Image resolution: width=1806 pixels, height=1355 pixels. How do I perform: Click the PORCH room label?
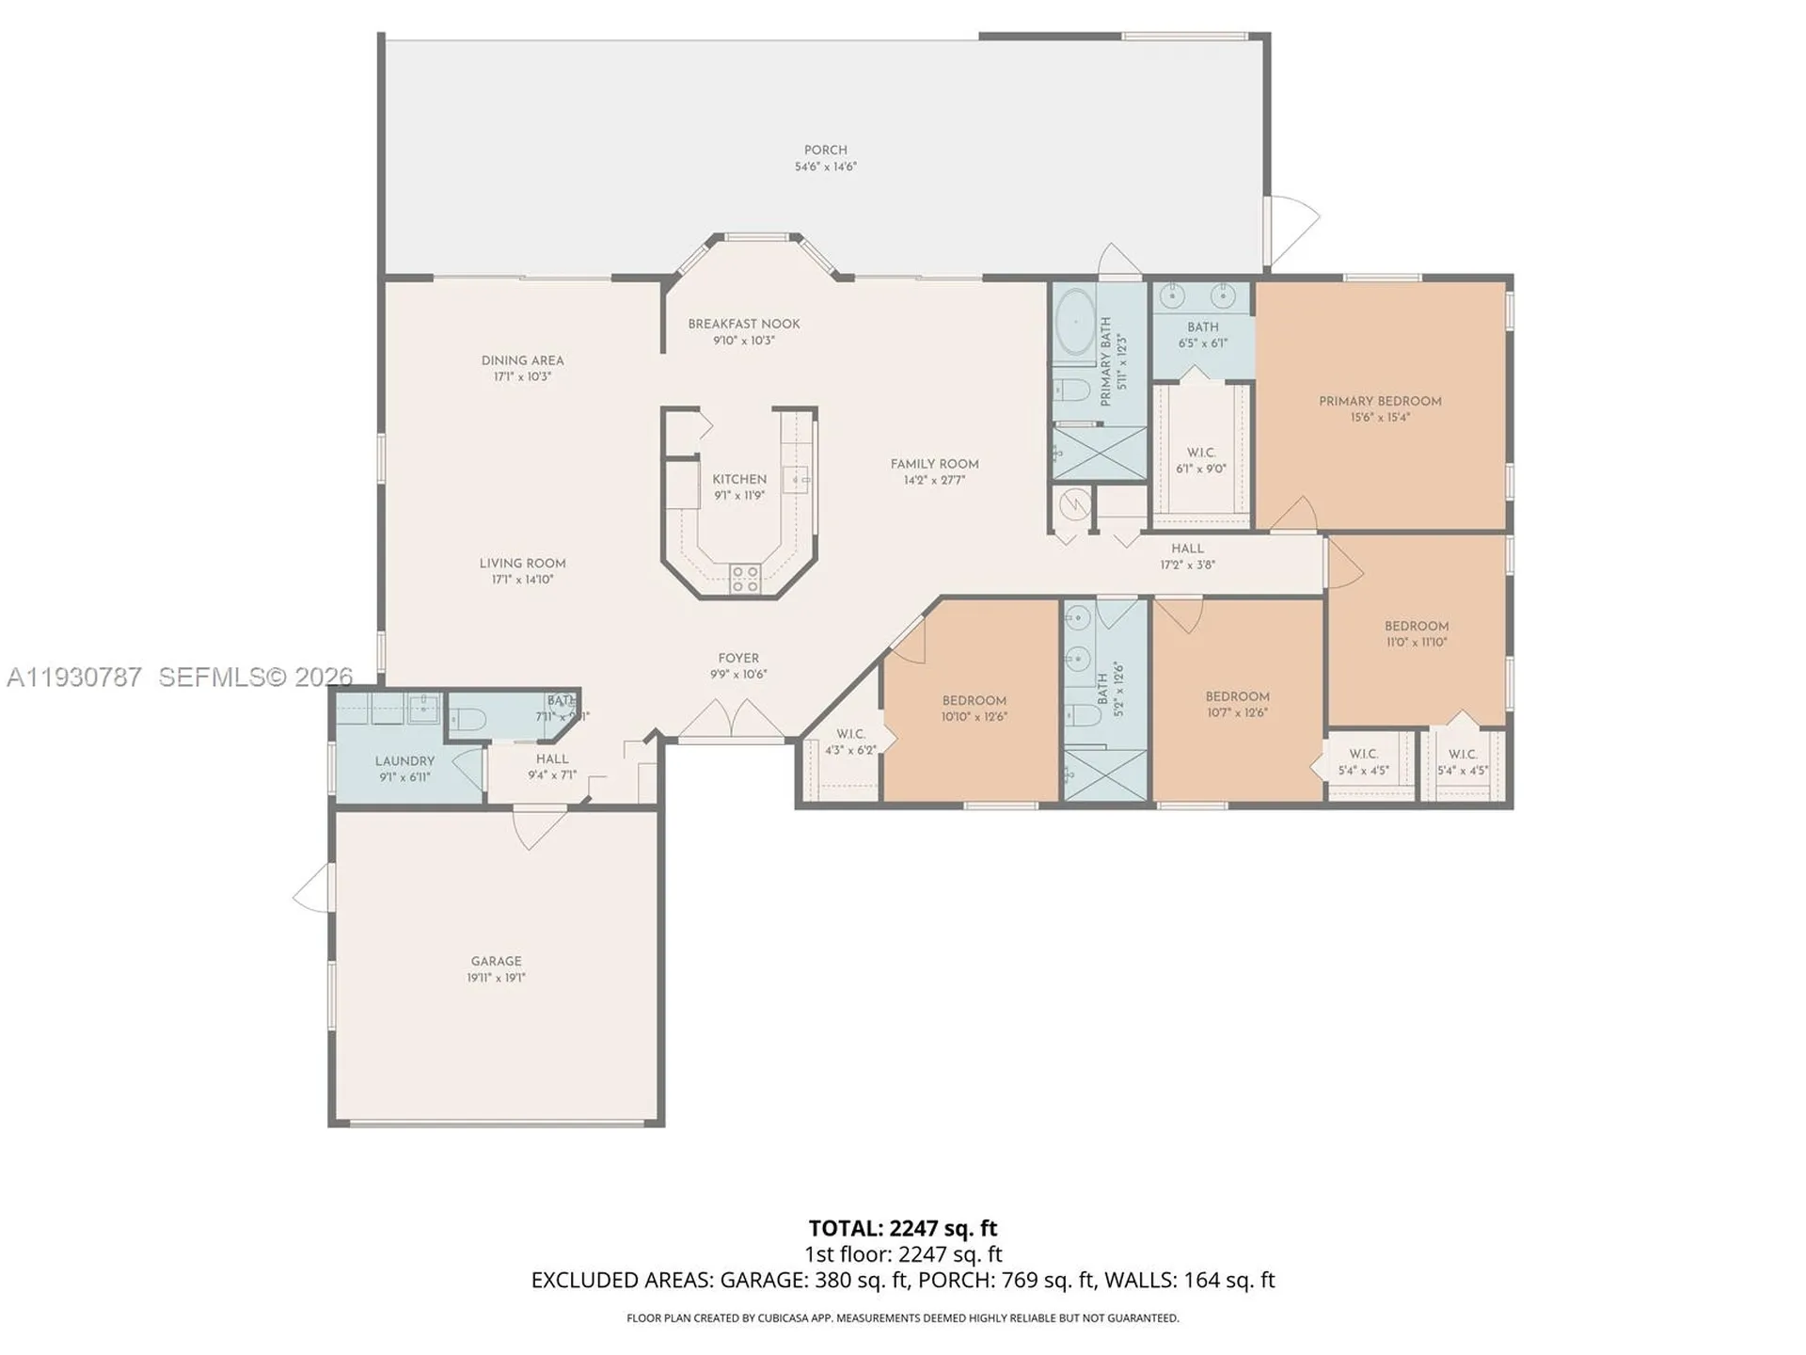coord(825,150)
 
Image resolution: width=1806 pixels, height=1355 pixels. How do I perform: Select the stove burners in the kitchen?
coord(745,578)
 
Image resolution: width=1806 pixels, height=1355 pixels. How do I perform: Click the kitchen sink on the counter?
coord(796,479)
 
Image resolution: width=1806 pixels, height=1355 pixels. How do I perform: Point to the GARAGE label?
coord(496,961)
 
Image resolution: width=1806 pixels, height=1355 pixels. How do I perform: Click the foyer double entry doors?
coord(732,725)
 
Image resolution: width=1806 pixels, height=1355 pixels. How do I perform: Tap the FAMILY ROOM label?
coord(934,464)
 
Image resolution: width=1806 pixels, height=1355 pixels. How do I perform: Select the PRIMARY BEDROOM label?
coord(1379,401)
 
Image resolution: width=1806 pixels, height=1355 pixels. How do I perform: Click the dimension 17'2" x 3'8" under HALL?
coord(1187,566)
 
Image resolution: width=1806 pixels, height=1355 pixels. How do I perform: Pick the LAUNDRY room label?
coord(404,761)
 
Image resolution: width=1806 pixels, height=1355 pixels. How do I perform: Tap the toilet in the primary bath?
coord(1070,390)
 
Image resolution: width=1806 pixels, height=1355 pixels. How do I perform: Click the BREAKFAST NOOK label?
coord(743,324)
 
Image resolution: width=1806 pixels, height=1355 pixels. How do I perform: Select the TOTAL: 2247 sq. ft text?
coord(902,1228)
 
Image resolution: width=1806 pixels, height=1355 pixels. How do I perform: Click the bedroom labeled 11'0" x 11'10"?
coord(1416,633)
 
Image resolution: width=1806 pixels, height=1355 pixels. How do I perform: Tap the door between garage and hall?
coord(539,825)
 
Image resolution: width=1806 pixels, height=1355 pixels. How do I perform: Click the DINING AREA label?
coord(522,360)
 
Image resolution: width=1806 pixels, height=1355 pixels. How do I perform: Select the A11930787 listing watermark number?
coord(74,677)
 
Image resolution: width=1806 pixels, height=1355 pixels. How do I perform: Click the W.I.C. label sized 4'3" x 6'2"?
coord(850,734)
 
